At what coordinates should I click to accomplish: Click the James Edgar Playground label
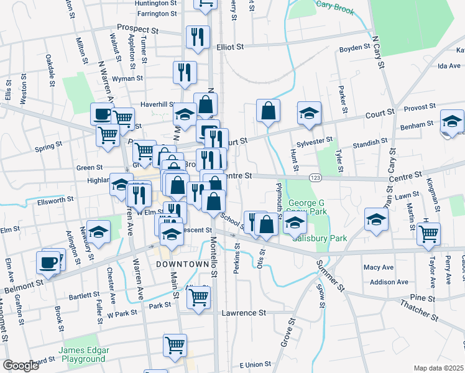click(x=82, y=354)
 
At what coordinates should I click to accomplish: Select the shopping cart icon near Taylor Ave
click(x=428, y=234)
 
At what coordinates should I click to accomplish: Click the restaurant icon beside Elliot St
click(x=198, y=36)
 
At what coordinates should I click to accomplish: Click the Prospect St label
click(x=137, y=29)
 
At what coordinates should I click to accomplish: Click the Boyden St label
click(x=351, y=48)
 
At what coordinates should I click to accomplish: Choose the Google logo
click(x=21, y=366)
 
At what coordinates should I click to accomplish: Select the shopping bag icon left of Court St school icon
click(x=268, y=111)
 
